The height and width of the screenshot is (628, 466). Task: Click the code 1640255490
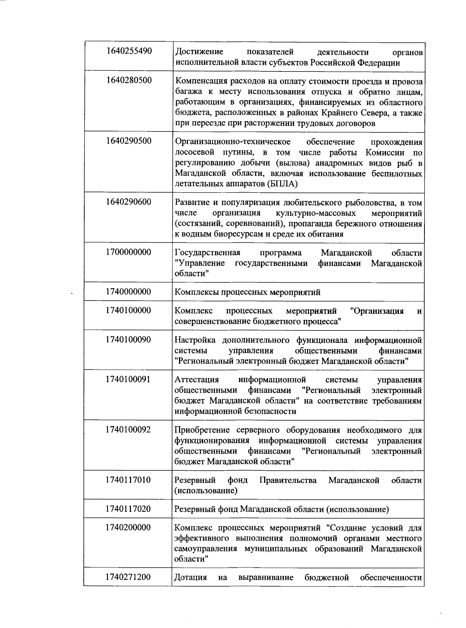tap(129, 51)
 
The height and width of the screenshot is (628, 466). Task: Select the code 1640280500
tap(129, 80)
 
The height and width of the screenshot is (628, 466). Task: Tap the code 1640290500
tap(129, 141)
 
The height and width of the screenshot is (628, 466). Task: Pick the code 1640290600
tap(129, 202)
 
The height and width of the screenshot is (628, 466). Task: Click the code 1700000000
tap(129, 252)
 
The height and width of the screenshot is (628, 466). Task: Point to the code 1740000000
tap(129, 292)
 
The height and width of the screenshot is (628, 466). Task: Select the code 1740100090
tap(129, 340)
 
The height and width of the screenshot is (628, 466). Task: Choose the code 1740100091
tap(129, 379)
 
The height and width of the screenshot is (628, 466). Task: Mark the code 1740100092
tap(129, 430)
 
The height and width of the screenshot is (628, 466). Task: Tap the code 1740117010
tap(129, 480)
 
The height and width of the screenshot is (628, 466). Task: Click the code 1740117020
tap(129, 509)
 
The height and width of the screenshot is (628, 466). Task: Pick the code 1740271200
tap(129, 577)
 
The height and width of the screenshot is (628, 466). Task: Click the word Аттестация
tap(197, 380)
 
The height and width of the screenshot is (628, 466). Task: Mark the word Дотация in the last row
tap(190, 578)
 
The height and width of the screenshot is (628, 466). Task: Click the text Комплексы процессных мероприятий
tap(247, 292)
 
